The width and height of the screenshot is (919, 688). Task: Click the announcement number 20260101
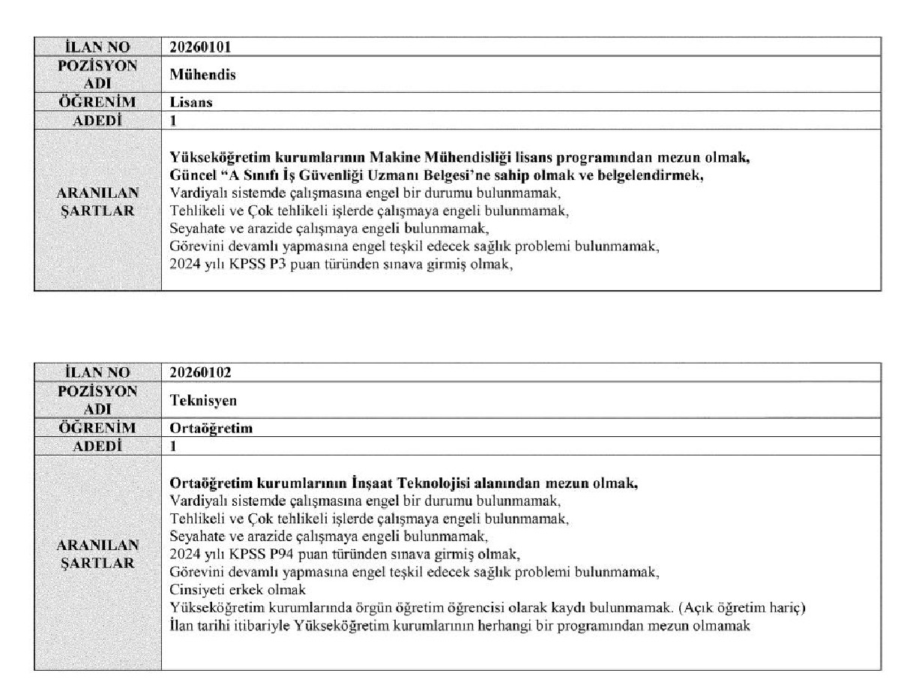click(200, 47)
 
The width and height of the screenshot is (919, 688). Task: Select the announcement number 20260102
click(201, 372)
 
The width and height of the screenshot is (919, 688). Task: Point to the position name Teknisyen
click(203, 400)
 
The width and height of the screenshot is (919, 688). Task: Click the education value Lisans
click(191, 103)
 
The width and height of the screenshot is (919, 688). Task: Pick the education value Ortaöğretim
click(211, 428)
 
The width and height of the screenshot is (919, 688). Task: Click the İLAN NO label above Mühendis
click(97, 47)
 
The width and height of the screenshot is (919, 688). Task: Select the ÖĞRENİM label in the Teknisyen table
click(97, 428)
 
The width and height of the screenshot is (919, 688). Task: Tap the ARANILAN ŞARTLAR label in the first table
click(97, 202)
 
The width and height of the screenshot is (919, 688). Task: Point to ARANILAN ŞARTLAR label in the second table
click(97, 554)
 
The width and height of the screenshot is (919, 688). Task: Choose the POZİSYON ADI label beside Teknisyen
click(97, 400)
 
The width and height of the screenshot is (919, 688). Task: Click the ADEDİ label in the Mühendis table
click(97, 120)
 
